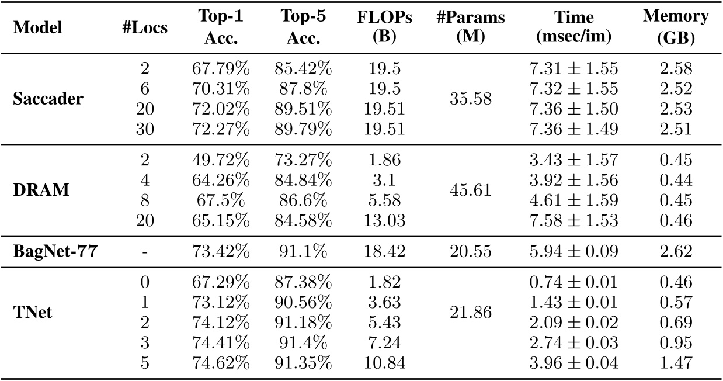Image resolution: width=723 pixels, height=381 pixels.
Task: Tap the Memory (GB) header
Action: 675,28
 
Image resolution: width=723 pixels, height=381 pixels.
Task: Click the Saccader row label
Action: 48,99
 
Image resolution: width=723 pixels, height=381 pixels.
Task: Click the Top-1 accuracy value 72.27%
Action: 220,129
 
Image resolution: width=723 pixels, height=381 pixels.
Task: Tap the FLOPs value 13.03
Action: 384,221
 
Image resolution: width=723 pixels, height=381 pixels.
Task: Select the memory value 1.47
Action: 675,362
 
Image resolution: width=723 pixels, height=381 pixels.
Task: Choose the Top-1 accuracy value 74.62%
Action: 220,362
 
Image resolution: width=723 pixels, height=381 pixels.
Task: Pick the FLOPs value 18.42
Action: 384,252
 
